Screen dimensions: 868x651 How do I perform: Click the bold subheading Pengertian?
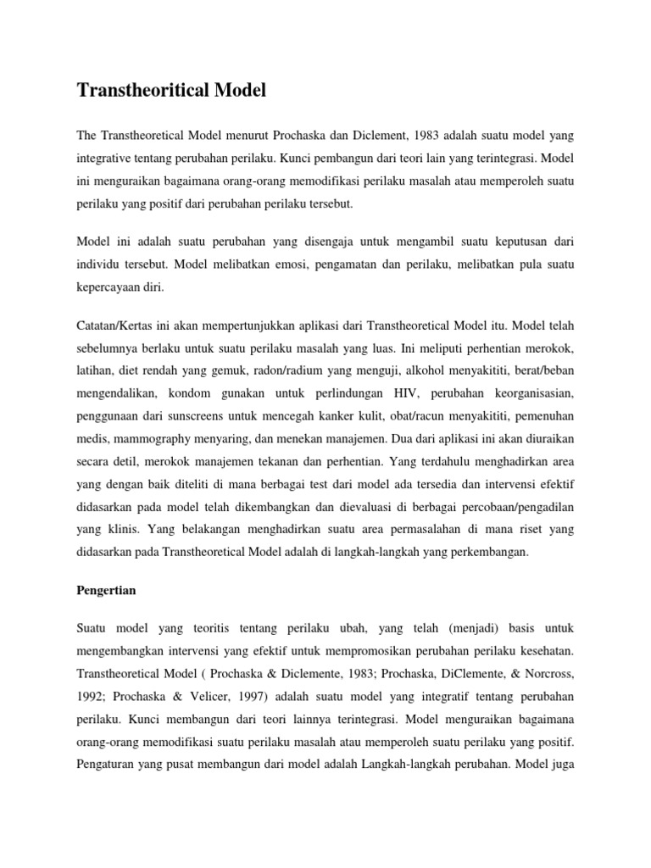[x=106, y=589]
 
